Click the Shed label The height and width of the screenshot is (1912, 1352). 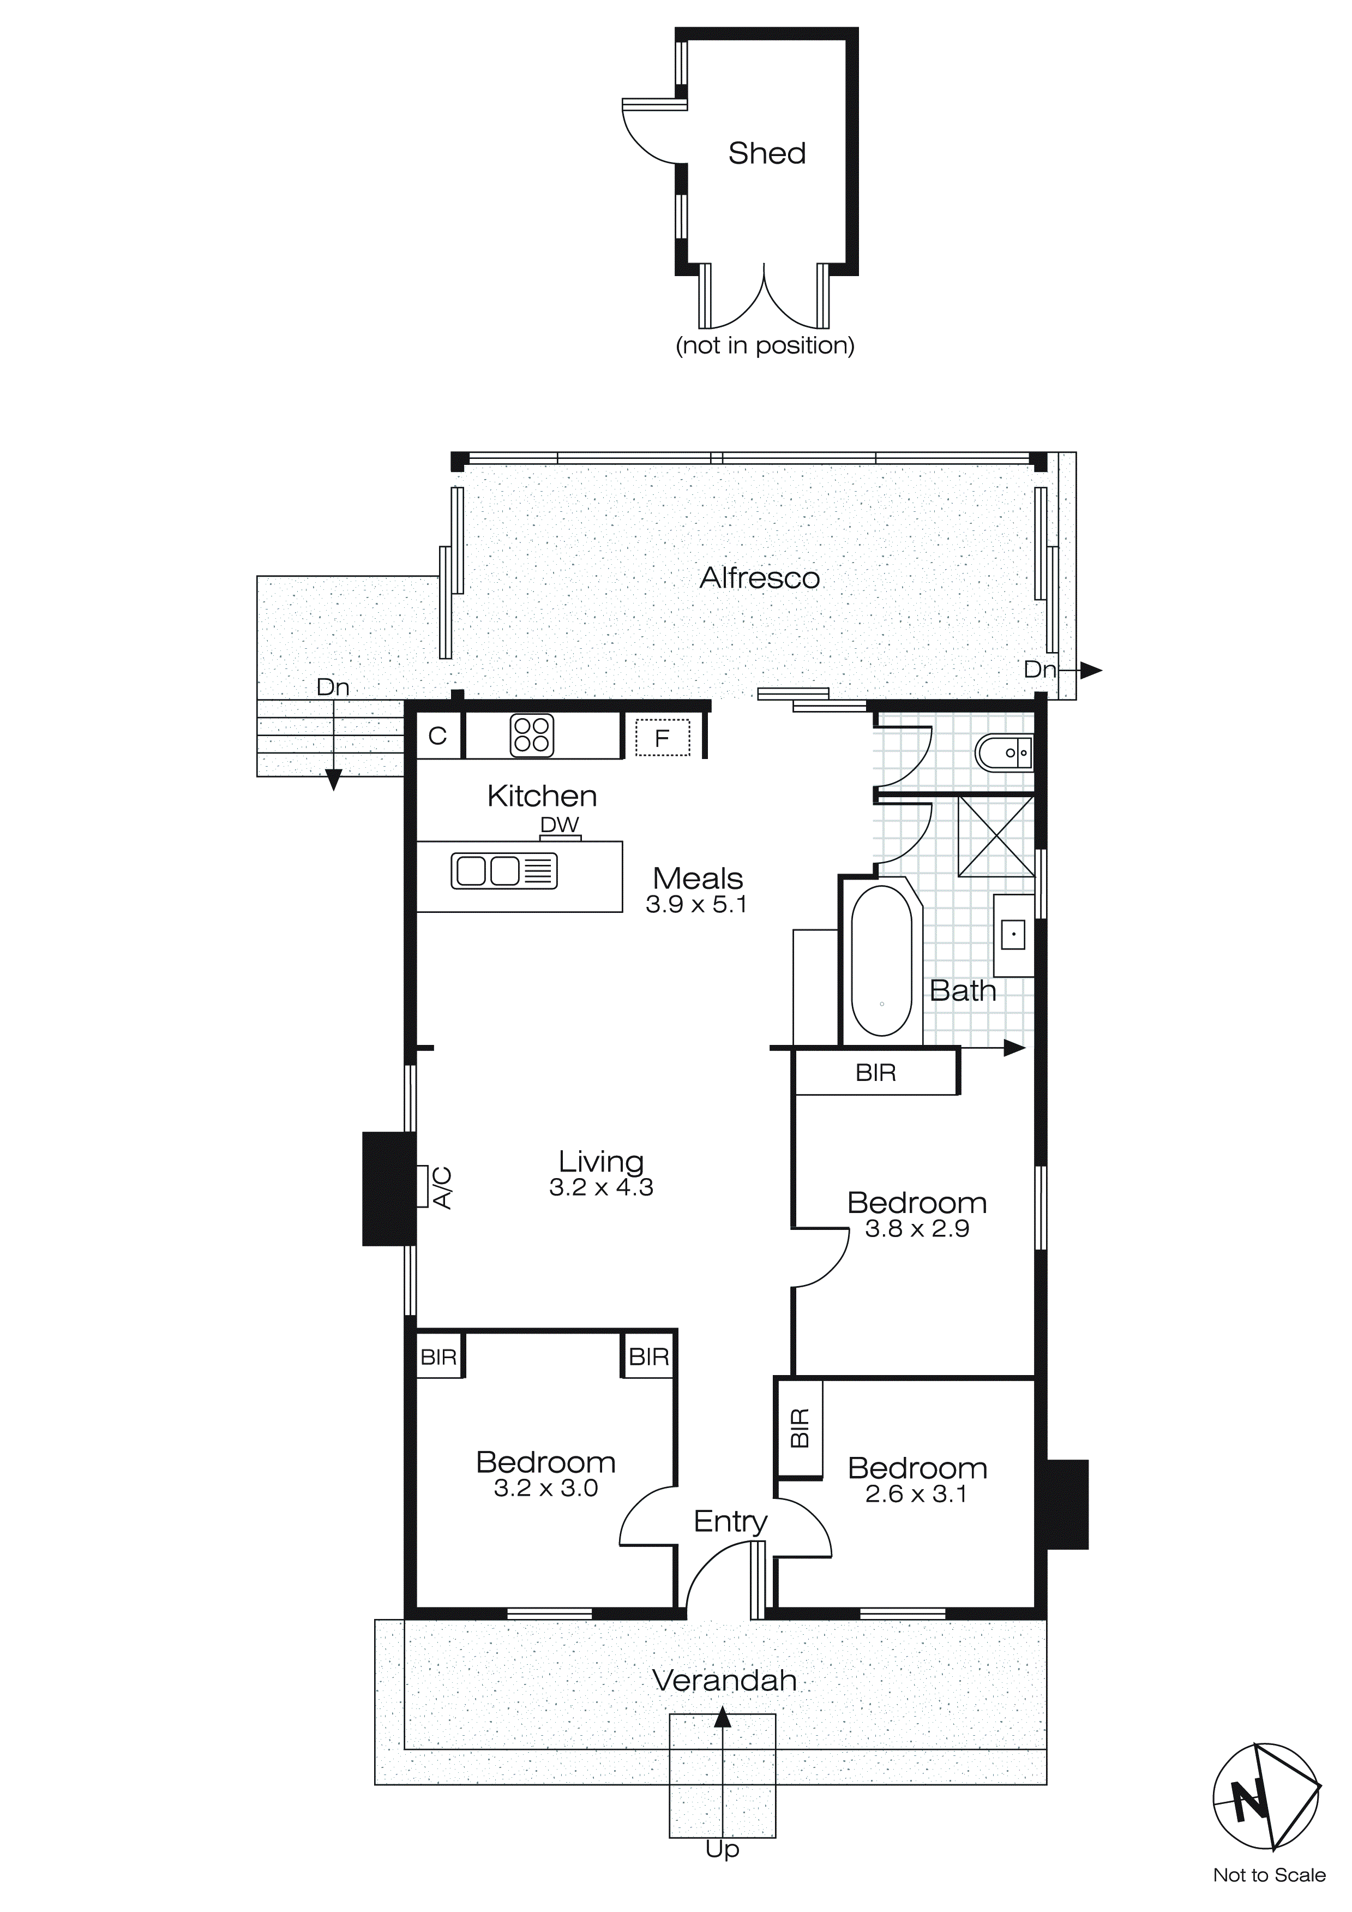tap(767, 153)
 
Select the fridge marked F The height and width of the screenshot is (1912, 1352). tap(663, 737)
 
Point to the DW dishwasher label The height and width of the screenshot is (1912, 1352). tap(560, 824)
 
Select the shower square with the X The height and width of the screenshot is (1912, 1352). tap(996, 836)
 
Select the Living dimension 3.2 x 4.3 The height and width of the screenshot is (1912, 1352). tap(601, 1187)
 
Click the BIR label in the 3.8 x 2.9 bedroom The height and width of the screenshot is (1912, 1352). tap(876, 1073)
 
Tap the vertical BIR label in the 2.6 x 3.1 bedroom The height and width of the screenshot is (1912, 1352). tap(799, 1428)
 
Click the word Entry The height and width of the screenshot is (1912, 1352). tap(730, 1521)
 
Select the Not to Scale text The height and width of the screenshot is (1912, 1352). tap(1269, 1875)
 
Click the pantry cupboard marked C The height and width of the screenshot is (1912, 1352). tap(438, 736)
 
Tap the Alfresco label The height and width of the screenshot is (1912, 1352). tap(759, 578)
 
